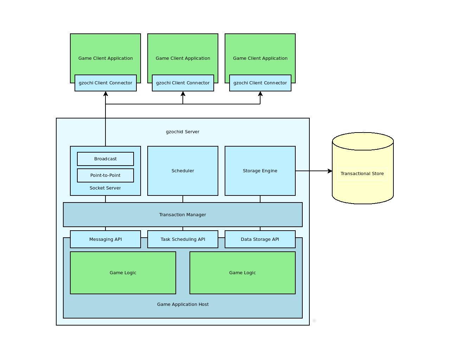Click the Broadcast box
tap(105, 159)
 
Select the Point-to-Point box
tap(105, 175)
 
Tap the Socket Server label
tap(105, 188)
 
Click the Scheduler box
tap(183, 171)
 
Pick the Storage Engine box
tap(260, 171)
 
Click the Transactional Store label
tap(362, 174)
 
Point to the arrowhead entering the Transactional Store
tap(330, 171)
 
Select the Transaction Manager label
tap(182, 215)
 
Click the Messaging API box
tap(105, 239)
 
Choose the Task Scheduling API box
tap(183, 239)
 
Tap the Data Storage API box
tap(260, 239)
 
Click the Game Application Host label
tap(183, 304)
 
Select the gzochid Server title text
tap(182, 132)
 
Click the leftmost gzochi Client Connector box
tap(105, 83)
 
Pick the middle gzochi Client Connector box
tap(183, 83)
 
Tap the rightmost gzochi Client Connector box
tap(260, 83)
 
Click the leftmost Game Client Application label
tap(105, 58)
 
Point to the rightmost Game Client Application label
tap(260, 58)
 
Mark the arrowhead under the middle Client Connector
tap(183, 94)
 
